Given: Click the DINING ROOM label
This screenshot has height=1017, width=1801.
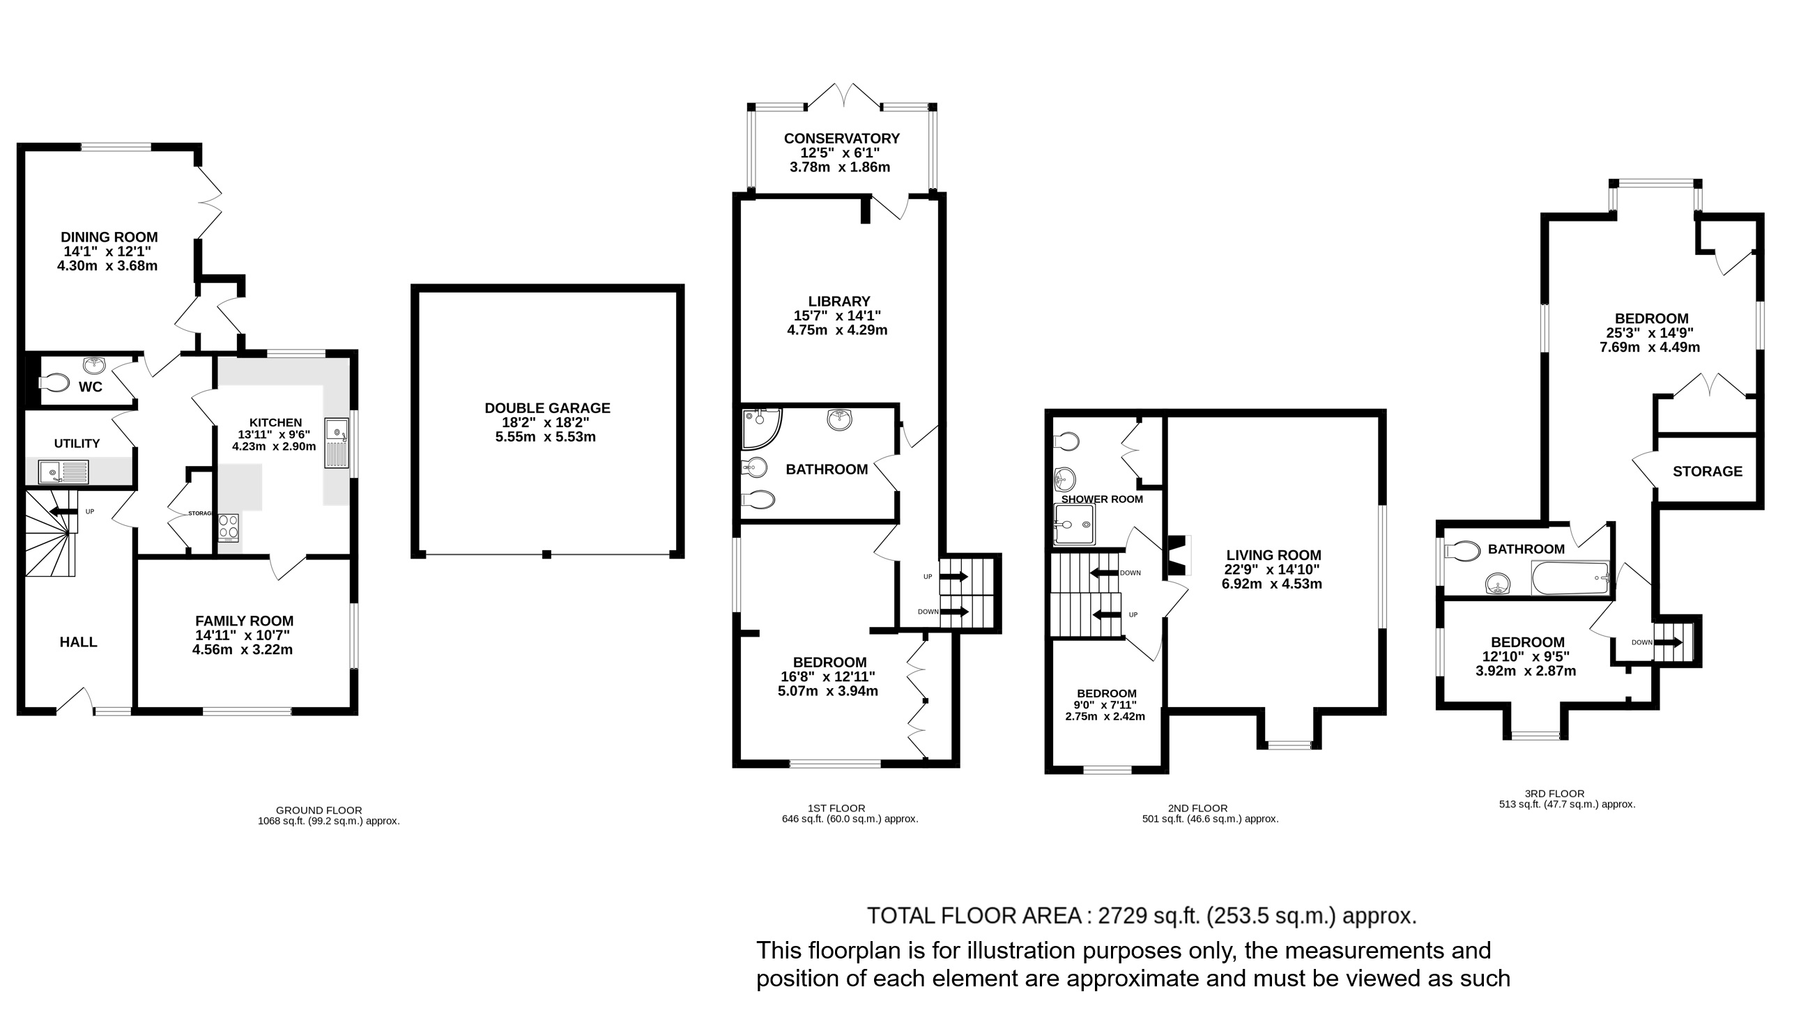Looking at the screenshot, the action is coord(109,238).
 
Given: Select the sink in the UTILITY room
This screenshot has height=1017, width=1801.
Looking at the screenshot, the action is coord(63,472).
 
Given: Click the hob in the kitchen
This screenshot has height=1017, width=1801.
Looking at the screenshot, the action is coord(229,528).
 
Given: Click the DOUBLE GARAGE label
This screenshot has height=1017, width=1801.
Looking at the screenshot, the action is coord(547,408).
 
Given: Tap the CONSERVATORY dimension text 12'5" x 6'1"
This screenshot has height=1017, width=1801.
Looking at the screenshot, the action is coord(840,153).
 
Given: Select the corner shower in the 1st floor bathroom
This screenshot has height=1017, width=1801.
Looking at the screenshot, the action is coord(760,428).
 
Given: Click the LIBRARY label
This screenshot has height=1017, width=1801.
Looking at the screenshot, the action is coord(839,301).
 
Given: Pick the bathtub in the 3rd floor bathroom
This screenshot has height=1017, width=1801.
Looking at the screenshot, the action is coord(1570,579).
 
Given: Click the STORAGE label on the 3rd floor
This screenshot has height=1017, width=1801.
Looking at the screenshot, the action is coord(1708,472).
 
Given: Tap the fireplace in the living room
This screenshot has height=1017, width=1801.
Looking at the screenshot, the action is coord(1178,555).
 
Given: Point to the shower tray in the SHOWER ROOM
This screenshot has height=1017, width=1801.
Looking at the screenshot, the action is coord(1075,525).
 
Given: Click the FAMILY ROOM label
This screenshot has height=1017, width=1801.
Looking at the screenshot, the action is coord(244,621).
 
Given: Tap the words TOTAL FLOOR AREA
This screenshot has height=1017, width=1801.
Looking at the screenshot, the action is coord(974,916).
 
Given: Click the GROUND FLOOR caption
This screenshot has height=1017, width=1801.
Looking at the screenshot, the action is coord(319,811).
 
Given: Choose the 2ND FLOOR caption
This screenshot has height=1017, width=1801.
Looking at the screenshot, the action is coord(1197,809).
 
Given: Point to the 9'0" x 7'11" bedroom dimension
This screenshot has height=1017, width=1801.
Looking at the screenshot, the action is coord(1105,705).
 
